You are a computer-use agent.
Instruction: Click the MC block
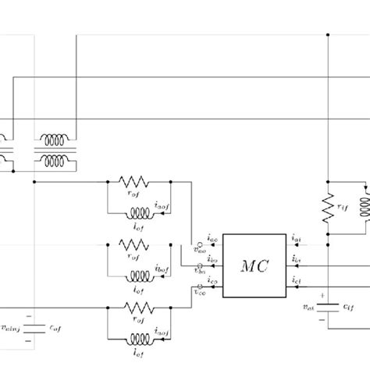pyautogui.click(x=254, y=265)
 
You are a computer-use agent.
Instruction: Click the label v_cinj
pyautogui.click(x=12, y=328)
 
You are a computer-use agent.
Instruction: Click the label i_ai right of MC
pyautogui.click(x=297, y=237)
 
